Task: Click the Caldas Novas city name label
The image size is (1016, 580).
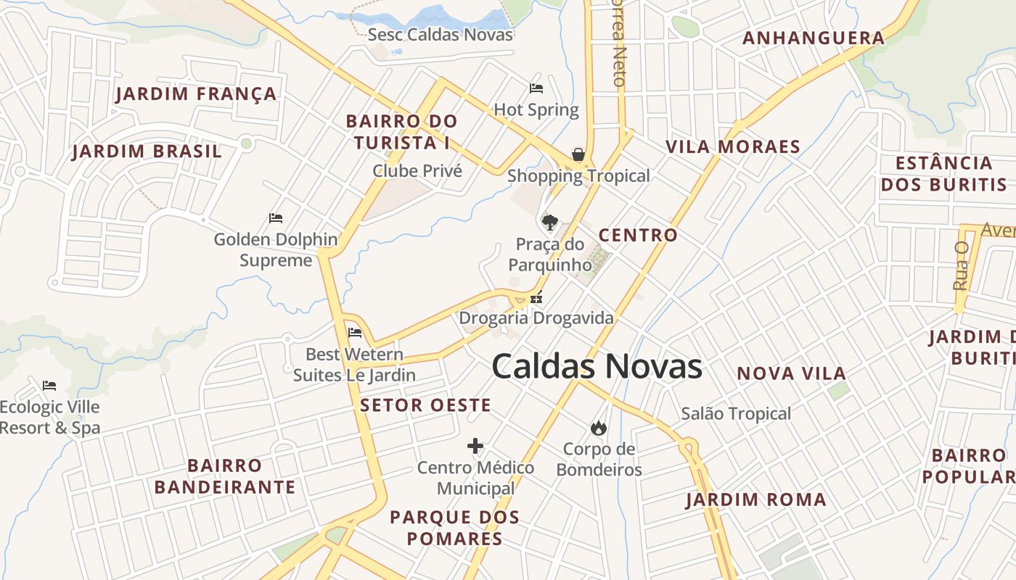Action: click(x=597, y=366)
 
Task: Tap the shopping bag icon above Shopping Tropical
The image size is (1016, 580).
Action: click(x=578, y=154)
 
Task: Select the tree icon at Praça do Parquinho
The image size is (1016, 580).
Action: click(x=549, y=222)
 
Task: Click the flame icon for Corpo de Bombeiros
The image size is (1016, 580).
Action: click(x=599, y=428)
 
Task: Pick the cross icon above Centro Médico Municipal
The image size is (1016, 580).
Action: click(x=475, y=446)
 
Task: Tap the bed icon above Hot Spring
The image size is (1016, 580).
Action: click(x=536, y=88)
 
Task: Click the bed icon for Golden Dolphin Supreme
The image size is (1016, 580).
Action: click(x=276, y=217)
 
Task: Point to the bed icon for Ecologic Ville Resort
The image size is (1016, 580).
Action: click(x=49, y=385)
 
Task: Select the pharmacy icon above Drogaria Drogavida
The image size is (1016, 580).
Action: click(x=536, y=297)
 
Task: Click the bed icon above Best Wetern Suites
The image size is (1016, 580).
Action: click(x=355, y=333)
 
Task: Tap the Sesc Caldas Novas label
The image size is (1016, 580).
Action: click(x=440, y=35)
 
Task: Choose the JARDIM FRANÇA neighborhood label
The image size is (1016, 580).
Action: click(x=196, y=94)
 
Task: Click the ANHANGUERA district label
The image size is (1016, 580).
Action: click(x=814, y=38)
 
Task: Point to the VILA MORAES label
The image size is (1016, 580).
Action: click(x=733, y=146)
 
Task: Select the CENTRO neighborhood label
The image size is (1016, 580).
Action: click(x=638, y=235)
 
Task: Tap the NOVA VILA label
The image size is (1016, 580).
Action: click(x=792, y=373)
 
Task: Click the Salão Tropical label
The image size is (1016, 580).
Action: click(x=736, y=414)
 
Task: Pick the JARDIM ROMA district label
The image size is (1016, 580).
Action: click(x=755, y=500)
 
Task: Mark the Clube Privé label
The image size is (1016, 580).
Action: click(x=417, y=171)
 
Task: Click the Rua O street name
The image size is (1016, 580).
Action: click(x=962, y=266)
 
